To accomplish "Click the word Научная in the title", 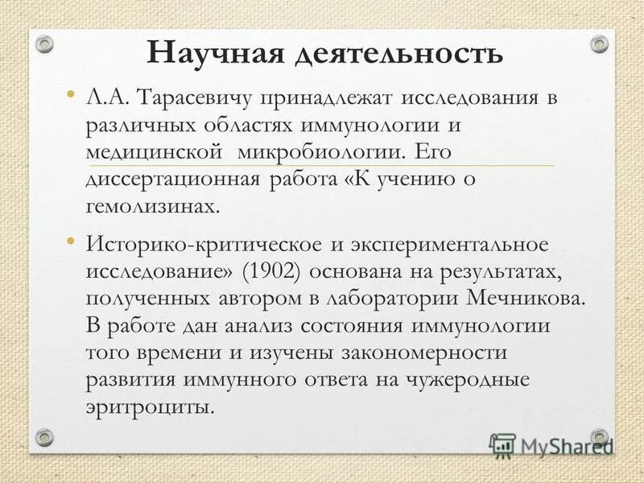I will click(x=212, y=53).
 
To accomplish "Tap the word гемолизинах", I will click(x=151, y=206).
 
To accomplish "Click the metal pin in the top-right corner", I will click(x=599, y=43).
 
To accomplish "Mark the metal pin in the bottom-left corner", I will click(x=45, y=437).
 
